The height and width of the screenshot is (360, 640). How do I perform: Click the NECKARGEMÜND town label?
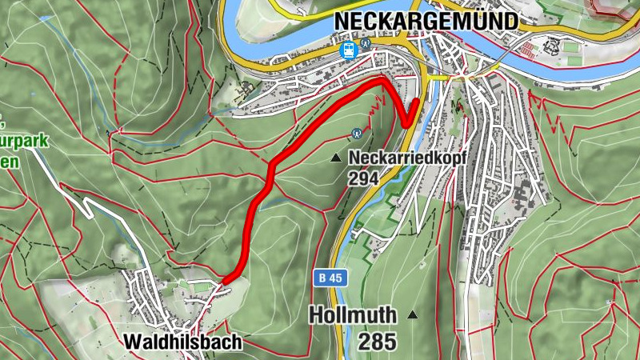coord(426,20)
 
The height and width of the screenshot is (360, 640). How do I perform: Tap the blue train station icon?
coord(349,50)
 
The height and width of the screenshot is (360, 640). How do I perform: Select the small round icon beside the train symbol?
coord(366,44)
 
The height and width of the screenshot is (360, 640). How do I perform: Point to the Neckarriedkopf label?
coord(407,158)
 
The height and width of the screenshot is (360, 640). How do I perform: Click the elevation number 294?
coord(363,178)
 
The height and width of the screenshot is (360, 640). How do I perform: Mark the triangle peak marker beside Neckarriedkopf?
coord(337,158)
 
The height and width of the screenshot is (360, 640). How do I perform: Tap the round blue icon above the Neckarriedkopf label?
coord(358,134)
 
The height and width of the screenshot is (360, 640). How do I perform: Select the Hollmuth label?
coord(352,314)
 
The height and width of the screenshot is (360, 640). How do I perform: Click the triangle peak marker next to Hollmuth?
coord(413,315)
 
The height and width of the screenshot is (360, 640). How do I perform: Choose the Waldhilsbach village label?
coord(182,342)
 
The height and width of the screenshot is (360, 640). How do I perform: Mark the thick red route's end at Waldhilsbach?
coord(225,280)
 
